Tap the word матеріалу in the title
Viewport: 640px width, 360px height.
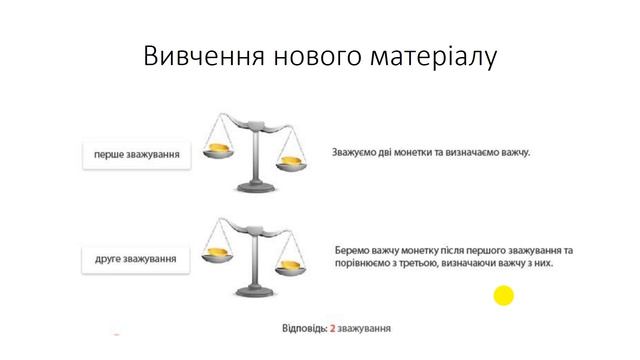[432, 56]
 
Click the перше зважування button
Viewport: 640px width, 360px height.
[135, 156]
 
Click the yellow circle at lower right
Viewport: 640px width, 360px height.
[504, 295]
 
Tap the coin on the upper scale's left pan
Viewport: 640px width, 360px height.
[219, 149]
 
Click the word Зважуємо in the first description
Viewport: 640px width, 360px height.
[358, 153]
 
